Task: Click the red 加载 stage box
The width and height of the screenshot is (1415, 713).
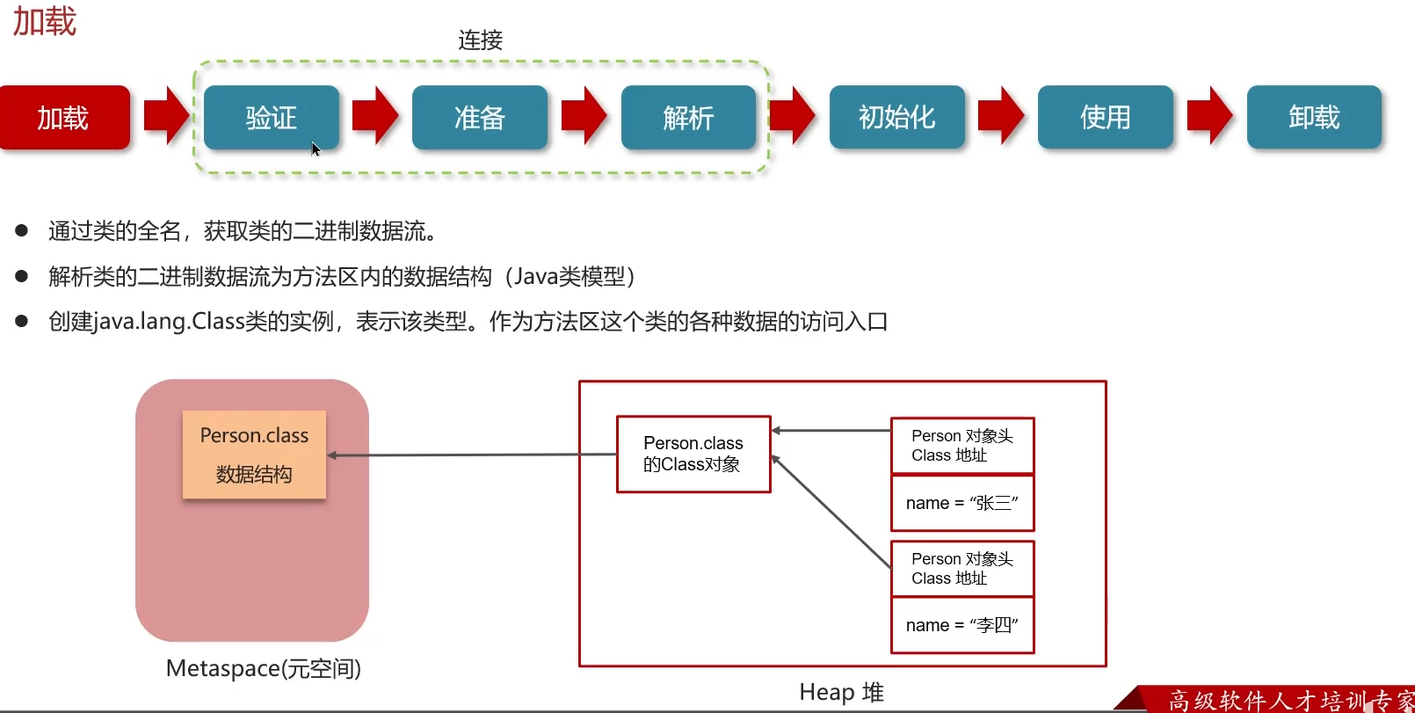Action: [63, 117]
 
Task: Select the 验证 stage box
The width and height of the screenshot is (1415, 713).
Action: [271, 117]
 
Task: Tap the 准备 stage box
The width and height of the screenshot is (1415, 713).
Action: [479, 117]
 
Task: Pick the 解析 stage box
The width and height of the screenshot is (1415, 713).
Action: [688, 117]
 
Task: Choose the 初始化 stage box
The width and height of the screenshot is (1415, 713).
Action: [896, 117]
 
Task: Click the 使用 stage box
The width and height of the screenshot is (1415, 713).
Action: [1105, 117]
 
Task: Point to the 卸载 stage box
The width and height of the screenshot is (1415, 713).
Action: [1314, 117]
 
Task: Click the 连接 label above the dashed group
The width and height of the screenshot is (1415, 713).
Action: [480, 40]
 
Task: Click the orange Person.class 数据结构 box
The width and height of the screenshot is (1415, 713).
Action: [254, 455]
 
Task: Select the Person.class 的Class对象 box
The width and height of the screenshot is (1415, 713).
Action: [693, 454]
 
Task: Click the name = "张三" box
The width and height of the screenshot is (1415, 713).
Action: [962, 503]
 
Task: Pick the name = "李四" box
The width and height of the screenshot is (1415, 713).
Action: [962, 625]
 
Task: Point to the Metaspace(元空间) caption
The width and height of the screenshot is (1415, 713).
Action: [263, 669]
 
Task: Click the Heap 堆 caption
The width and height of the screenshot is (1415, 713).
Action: [841, 692]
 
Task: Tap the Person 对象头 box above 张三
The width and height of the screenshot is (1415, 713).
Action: [962, 446]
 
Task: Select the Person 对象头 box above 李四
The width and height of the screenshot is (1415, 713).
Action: [962, 569]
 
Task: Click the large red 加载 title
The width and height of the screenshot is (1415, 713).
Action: [45, 21]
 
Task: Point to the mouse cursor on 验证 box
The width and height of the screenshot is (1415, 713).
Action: [316, 149]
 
